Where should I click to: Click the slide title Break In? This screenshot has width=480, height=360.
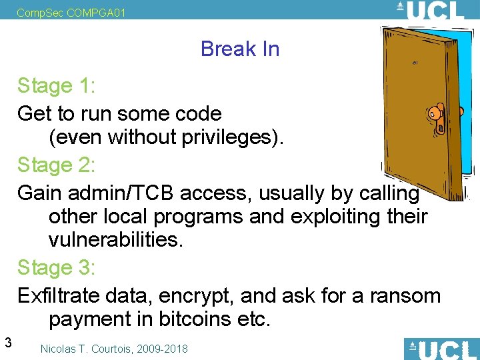pyautogui.click(x=239, y=49)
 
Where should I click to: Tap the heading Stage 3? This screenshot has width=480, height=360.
pyautogui.click(x=57, y=268)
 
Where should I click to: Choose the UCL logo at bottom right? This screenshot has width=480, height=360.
pyautogui.click(x=441, y=349)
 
